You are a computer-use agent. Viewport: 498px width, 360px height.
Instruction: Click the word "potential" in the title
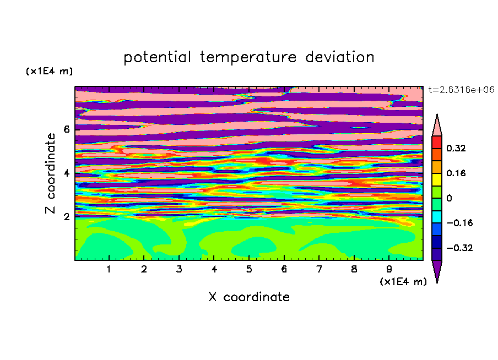(x=157, y=57)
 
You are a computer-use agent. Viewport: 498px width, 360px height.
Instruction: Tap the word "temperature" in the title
(x=248, y=57)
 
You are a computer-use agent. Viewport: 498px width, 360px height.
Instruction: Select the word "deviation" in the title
(x=339, y=57)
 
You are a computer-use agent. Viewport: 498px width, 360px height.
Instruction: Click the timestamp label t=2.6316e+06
(x=461, y=90)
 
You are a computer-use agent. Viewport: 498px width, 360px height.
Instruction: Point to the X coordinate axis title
(x=249, y=297)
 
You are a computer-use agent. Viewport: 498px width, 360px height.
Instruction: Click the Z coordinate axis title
(x=51, y=173)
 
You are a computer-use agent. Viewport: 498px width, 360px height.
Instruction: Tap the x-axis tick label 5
(x=249, y=269)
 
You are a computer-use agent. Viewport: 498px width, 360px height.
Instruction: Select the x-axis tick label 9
(x=389, y=269)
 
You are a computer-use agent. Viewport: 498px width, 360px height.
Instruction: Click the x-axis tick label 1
(x=109, y=269)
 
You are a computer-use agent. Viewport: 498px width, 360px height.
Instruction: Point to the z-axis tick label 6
(x=66, y=129)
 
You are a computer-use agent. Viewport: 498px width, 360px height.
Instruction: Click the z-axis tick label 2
(x=66, y=217)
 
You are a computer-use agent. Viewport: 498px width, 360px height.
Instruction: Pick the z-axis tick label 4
(x=66, y=173)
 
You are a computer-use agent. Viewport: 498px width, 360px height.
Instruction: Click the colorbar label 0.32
(x=456, y=148)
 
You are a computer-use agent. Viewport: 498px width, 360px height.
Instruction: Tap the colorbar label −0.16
(x=459, y=223)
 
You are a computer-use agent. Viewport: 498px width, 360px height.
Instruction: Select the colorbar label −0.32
(x=459, y=248)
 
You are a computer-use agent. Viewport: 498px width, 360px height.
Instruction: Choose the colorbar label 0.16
(x=456, y=173)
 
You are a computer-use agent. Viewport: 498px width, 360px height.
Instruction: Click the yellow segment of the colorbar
(x=437, y=179)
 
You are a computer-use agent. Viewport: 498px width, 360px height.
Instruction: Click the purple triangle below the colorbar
(x=437, y=270)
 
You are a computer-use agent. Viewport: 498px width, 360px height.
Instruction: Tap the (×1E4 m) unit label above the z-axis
(x=49, y=71)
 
